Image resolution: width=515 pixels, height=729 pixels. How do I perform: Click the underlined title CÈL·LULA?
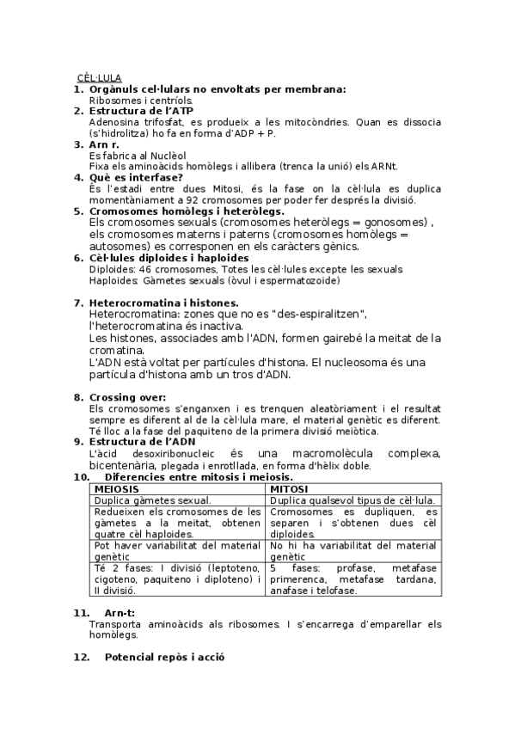click(99, 78)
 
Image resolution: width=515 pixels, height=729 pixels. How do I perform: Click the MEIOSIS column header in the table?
click(118, 488)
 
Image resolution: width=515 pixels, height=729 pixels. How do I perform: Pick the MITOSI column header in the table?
click(291, 488)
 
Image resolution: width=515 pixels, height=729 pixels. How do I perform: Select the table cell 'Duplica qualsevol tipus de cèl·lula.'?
click(352, 499)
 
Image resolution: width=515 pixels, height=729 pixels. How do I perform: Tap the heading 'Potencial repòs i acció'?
click(163, 656)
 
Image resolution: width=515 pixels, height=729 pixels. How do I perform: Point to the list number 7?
click(78, 303)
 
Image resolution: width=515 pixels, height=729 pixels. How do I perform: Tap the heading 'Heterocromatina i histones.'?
click(163, 303)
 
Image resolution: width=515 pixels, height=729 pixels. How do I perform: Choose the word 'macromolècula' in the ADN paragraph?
click(325, 453)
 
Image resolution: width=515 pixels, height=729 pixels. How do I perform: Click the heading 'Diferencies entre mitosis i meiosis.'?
click(199, 476)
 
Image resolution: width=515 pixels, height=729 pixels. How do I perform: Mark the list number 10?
click(81, 476)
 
